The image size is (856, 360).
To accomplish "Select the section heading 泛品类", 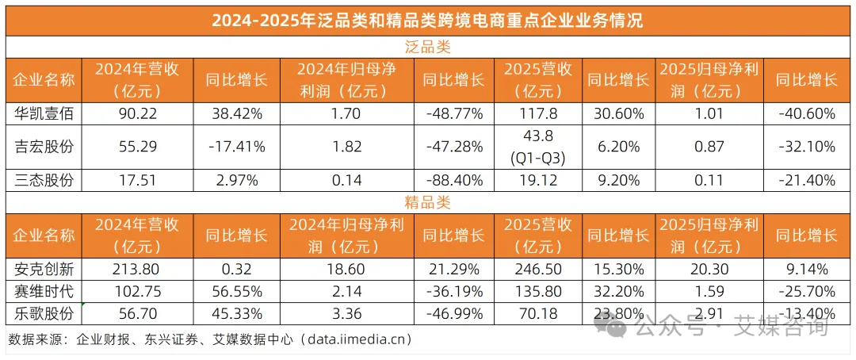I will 427,47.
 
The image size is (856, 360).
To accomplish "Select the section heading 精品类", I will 427,203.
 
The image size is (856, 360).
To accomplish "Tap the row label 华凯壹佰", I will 44,113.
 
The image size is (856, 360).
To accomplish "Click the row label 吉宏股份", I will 44,147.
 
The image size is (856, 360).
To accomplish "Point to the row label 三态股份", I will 44,180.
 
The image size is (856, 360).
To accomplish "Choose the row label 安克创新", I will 44,268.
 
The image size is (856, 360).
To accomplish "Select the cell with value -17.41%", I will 235,147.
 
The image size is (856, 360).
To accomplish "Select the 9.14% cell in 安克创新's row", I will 806,268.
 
